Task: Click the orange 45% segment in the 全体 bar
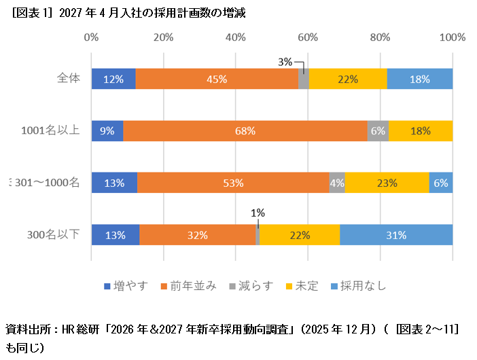click(x=217, y=79)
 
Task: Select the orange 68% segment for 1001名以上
click(x=245, y=130)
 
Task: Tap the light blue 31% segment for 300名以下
click(x=396, y=235)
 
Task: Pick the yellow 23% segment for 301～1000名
click(x=387, y=183)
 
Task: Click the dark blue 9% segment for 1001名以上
click(x=107, y=130)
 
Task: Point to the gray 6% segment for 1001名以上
click(x=378, y=130)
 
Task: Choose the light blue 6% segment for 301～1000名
click(x=441, y=183)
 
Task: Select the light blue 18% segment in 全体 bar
click(x=420, y=79)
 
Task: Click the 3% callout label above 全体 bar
click(x=285, y=62)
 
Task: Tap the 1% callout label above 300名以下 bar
click(x=258, y=212)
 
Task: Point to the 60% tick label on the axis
click(x=308, y=37)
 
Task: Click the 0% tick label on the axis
click(x=91, y=37)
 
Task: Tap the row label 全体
click(x=69, y=78)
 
